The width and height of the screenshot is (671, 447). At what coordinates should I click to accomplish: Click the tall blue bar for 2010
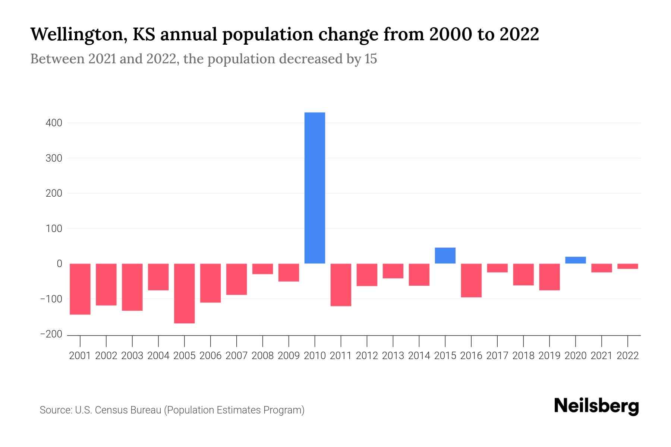pyautogui.click(x=315, y=188)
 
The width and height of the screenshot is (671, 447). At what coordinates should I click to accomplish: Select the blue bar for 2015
pyautogui.click(x=445, y=256)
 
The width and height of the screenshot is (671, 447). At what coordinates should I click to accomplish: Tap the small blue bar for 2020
pyautogui.click(x=575, y=260)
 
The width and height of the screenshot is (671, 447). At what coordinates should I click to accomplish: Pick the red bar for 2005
pyautogui.click(x=185, y=293)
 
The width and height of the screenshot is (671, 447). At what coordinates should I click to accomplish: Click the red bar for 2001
pyautogui.click(x=80, y=289)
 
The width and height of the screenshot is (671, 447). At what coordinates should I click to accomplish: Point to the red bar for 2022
pyautogui.click(x=627, y=266)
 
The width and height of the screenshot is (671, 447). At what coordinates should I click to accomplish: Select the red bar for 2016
pyautogui.click(x=471, y=280)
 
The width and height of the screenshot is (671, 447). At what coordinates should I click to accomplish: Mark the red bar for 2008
pyautogui.click(x=262, y=269)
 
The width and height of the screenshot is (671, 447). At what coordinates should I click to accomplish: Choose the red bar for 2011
pyautogui.click(x=341, y=285)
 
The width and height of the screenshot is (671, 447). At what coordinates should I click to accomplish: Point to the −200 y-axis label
pyautogui.click(x=51, y=334)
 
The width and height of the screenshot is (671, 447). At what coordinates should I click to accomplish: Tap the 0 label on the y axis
pyautogui.click(x=59, y=264)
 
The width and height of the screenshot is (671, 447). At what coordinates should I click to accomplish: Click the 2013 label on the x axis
pyautogui.click(x=393, y=356)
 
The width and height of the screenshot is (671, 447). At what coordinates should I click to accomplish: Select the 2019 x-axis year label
pyautogui.click(x=549, y=356)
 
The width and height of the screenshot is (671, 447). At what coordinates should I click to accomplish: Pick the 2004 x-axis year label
pyautogui.click(x=158, y=356)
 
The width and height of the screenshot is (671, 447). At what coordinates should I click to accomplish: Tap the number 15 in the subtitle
pyautogui.click(x=371, y=59)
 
